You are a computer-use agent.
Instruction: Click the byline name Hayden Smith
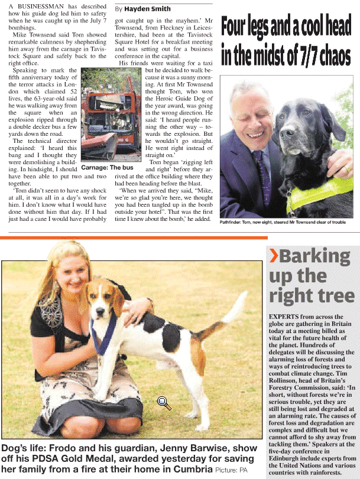click(147, 9)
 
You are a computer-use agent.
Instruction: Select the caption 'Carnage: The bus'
click(106, 168)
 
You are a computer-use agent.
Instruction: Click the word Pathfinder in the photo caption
click(235, 222)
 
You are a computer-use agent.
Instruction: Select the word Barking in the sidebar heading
click(315, 256)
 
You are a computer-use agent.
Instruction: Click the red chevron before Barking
click(274, 256)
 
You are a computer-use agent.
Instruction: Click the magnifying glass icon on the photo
click(164, 403)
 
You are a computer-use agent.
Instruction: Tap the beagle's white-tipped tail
click(242, 298)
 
